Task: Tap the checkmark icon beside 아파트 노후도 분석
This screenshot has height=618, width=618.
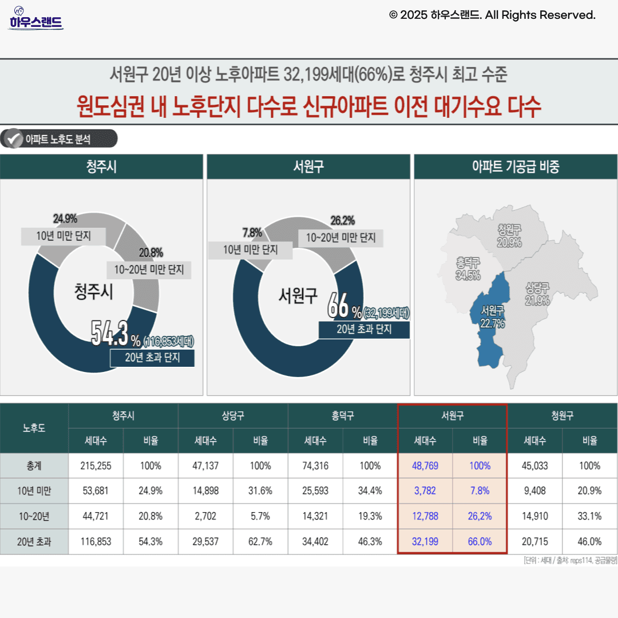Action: point(13,138)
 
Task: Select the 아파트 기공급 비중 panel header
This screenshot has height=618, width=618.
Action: point(515,167)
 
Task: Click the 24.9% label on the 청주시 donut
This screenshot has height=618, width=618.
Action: point(65,218)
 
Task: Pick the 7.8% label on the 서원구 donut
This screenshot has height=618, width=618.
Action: point(252,233)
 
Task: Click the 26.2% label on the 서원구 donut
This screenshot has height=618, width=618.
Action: point(342,220)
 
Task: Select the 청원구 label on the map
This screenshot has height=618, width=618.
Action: point(509,230)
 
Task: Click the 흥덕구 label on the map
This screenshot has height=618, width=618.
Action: point(468,263)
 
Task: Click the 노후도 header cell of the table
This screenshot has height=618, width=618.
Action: point(34,428)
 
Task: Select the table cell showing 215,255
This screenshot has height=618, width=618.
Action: point(96,466)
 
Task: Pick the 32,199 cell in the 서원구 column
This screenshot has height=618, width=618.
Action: point(425,541)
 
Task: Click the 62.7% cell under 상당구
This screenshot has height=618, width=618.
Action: point(260,541)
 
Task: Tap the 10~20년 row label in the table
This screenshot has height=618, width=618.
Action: point(34,516)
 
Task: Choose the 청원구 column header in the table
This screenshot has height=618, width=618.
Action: point(562,416)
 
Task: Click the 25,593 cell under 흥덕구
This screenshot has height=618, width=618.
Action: point(315,491)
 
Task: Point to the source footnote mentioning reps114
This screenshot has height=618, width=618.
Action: point(570,560)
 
